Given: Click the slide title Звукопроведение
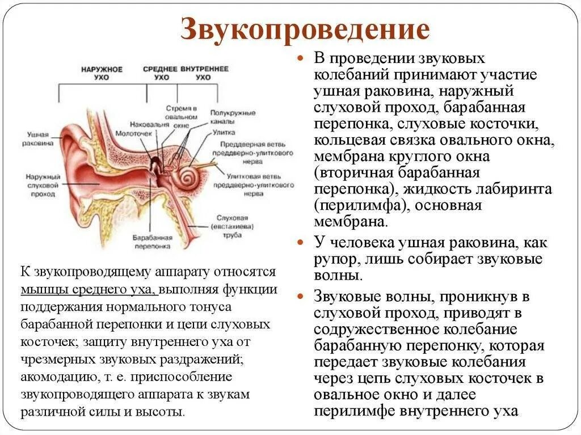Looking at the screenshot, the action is click(305, 30).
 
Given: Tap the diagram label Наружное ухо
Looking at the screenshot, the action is click(102, 73).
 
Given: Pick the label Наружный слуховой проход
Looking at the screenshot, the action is click(40, 185).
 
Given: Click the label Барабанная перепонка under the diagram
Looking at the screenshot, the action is click(151, 242).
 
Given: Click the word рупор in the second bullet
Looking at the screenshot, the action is click(335, 259).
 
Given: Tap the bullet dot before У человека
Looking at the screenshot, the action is click(302, 242).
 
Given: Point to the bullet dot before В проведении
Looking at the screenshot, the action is click(302, 59).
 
